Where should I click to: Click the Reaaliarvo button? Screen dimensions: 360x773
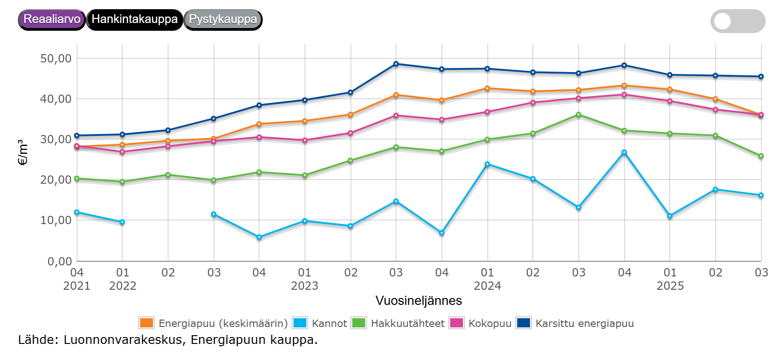[x=51, y=19]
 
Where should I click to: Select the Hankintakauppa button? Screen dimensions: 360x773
[x=134, y=19]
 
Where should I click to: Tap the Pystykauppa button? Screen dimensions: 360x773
[x=223, y=19]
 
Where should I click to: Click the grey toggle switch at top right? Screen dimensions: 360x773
[x=737, y=21]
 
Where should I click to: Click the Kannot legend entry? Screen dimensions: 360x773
[x=320, y=323]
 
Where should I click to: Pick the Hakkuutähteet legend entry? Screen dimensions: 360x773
[x=398, y=323]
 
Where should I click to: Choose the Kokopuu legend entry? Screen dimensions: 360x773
[x=481, y=323]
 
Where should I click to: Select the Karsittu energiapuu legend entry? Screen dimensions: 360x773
[x=576, y=323]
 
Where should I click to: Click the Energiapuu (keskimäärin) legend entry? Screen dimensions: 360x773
[x=214, y=323]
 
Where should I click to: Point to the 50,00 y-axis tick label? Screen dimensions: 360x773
[x=56, y=59]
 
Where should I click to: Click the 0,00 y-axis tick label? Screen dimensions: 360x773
[x=60, y=261]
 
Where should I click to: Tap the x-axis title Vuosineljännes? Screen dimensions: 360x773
[x=418, y=301]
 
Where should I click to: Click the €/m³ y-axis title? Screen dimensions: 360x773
[x=23, y=152]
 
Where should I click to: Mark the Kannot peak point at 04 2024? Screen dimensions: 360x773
[x=624, y=152]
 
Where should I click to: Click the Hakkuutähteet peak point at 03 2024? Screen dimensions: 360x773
[x=578, y=115]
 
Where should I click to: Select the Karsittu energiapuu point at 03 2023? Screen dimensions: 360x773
[x=396, y=64]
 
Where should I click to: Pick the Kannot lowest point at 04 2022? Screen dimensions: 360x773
[x=259, y=237]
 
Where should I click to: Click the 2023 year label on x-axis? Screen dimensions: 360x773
[x=305, y=286]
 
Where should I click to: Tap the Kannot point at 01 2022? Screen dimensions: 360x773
[x=122, y=222]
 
